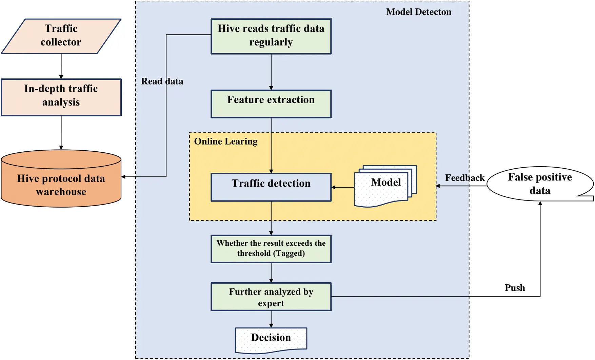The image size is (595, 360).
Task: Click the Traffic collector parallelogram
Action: pyautogui.click(x=61, y=36)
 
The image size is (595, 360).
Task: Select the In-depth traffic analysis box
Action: pyautogui.click(x=61, y=97)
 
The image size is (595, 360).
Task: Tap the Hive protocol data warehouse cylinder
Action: pyautogui.click(x=61, y=178)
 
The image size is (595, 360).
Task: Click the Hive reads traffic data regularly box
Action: pyautogui.click(x=271, y=36)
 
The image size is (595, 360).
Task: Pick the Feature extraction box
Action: pyautogui.click(x=271, y=104)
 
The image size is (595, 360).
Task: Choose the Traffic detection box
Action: pyautogui.click(x=271, y=187)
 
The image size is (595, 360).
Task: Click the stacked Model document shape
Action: pyautogui.click(x=385, y=186)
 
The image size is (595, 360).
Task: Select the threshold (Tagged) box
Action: pyautogui.click(x=271, y=249)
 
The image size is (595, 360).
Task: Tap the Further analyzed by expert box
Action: pyautogui.click(x=271, y=297)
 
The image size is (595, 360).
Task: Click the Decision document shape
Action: pyautogui.click(x=271, y=340)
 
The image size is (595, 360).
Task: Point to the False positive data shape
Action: pyautogui.click(x=540, y=184)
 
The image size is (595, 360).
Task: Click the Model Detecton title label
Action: pyautogui.click(x=419, y=12)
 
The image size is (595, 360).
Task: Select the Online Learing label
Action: pyautogui.click(x=226, y=141)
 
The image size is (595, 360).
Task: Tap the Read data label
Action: pyautogui.click(x=162, y=81)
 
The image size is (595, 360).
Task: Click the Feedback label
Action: pyautogui.click(x=465, y=177)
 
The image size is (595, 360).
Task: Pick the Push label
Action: pyautogui.click(x=515, y=288)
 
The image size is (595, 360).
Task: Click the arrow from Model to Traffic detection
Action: pyautogui.click(x=343, y=187)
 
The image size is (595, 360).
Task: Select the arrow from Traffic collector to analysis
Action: pyautogui.click(x=61, y=67)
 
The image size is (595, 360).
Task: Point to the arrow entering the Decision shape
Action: pyautogui.click(x=271, y=319)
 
